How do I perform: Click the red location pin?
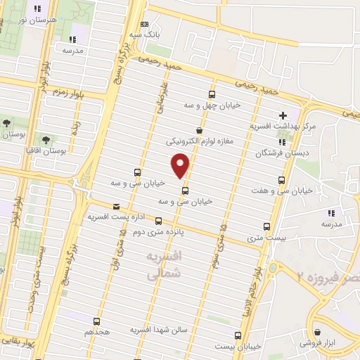(181, 165)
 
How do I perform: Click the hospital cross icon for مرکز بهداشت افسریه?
(282, 115)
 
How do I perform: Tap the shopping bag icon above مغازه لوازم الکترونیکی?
(200, 130)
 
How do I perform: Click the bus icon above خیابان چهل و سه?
(212, 94)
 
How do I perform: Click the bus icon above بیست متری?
(266, 226)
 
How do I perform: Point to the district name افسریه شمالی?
(167, 264)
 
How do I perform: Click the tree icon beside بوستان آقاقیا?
(46, 141)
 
